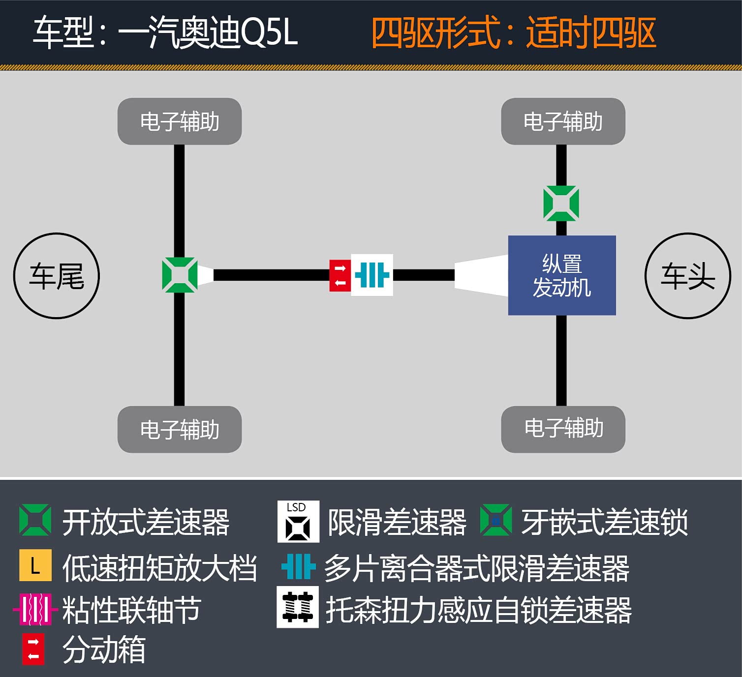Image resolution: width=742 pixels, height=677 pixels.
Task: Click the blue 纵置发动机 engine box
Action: coord(562,275)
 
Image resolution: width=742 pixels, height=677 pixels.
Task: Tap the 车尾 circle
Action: coord(57,276)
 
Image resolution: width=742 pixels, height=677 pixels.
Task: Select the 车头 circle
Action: coord(687,276)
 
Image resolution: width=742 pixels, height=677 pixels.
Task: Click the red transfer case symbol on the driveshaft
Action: coord(340,275)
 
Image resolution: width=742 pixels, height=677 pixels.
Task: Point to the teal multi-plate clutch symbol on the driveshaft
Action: coord(372,275)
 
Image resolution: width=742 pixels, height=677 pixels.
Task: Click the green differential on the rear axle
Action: coord(180,275)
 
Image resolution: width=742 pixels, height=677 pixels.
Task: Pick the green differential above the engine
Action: coord(561,203)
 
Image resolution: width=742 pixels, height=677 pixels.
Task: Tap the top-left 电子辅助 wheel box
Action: coord(180,121)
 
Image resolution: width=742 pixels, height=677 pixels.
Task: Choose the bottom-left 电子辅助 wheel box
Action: coord(180,429)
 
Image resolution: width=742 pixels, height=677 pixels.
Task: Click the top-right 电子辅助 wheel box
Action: coord(563,121)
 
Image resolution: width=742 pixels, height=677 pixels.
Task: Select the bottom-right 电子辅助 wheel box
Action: coord(563,429)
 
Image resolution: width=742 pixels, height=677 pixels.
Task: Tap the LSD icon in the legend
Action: coord(298,522)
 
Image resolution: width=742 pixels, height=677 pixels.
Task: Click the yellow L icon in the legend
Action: coord(35,566)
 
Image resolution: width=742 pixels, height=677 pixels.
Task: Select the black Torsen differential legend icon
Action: coord(298,607)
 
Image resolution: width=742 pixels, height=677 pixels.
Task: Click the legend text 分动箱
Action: coord(104,649)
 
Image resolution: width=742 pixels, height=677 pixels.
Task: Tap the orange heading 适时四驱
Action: coord(591,33)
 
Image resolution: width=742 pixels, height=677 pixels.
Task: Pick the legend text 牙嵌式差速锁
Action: coord(605,522)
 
